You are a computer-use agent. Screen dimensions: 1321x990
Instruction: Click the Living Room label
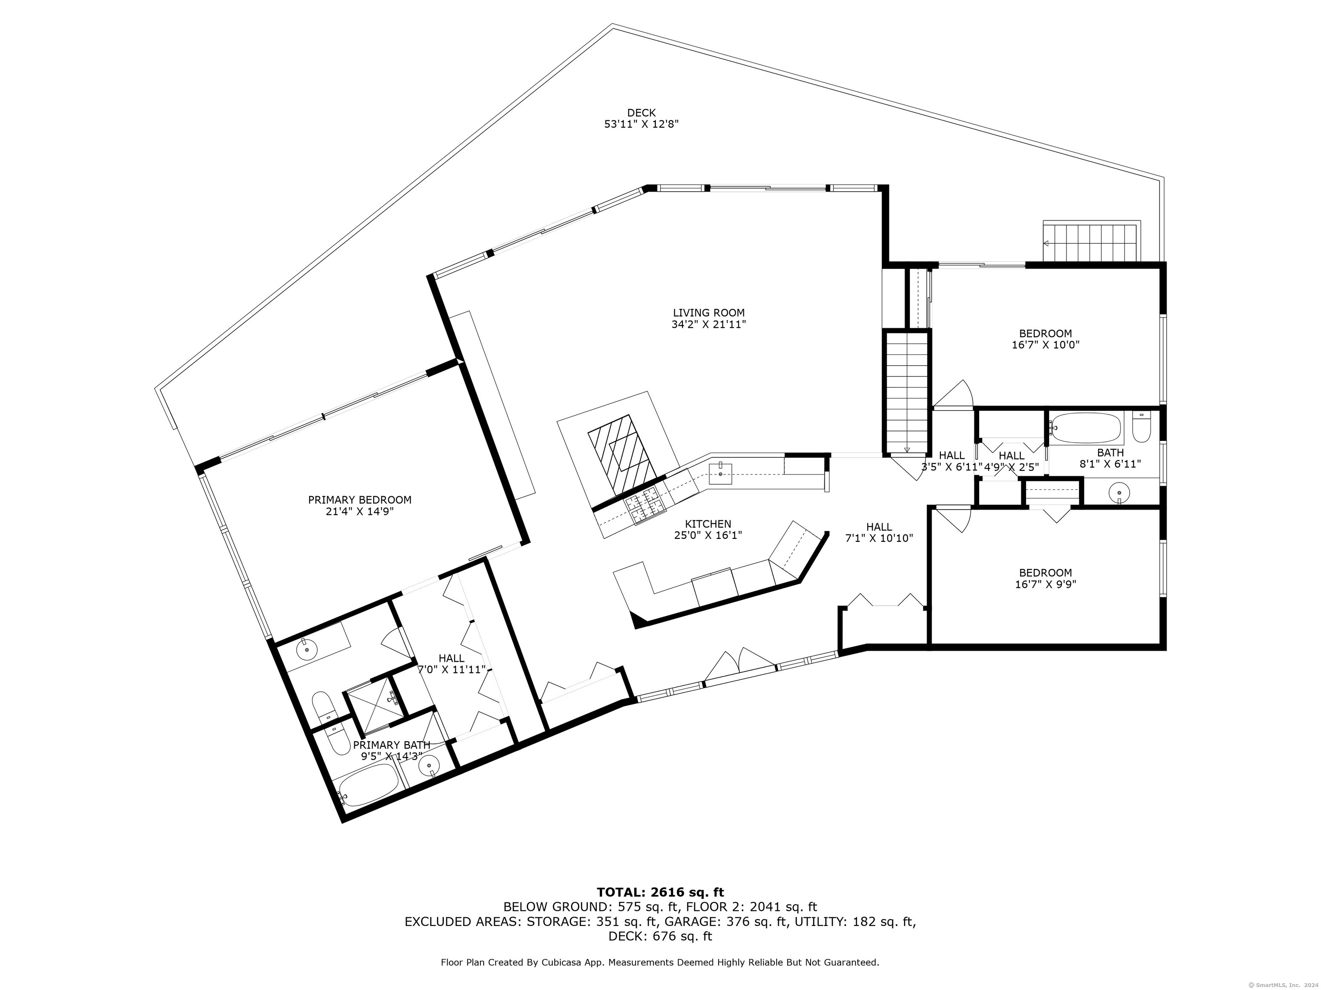pos(709,313)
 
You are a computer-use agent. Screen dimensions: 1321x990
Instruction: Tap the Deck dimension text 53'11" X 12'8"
pos(642,124)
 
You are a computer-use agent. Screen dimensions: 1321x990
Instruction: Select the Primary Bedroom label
pos(359,500)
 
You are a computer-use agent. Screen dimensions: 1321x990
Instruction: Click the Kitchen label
pos(708,524)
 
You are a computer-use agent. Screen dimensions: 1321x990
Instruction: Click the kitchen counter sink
pos(721,473)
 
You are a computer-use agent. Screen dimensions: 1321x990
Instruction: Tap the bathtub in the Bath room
pos(1086,428)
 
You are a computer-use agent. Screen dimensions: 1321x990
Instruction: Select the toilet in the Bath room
pos(1141,427)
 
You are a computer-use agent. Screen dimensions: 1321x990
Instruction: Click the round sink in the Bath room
pos(1118,493)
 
